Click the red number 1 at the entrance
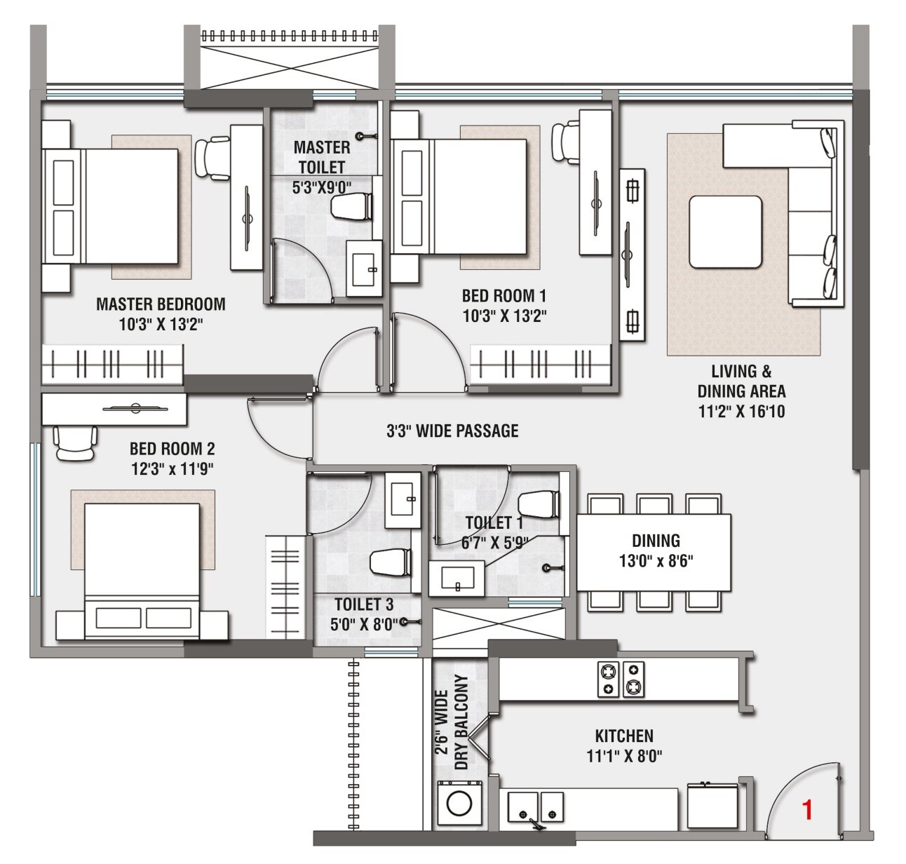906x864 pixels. pyautogui.click(x=807, y=811)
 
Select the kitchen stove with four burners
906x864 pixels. pyautogui.click(x=621, y=679)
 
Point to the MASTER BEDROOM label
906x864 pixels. pyautogui.click(x=161, y=304)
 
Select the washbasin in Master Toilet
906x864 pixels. pyautogui.click(x=365, y=268)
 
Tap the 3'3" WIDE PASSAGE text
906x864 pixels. pyautogui.click(x=452, y=431)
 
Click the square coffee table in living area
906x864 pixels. pyautogui.click(x=725, y=232)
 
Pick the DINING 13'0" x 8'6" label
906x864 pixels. pyautogui.click(x=656, y=551)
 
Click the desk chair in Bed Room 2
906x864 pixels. pyautogui.click(x=74, y=444)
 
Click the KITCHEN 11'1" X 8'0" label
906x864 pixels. pyautogui.click(x=624, y=745)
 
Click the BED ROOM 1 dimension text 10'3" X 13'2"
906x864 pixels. pyautogui.click(x=504, y=316)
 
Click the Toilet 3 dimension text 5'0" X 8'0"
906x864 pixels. pyautogui.click(x=364, y=624)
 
